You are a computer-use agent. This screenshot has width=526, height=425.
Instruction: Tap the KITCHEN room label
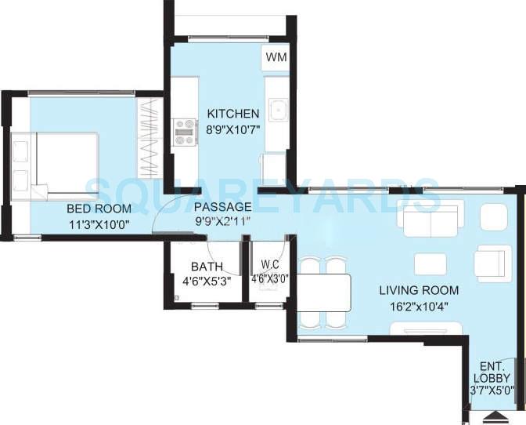point(232,114)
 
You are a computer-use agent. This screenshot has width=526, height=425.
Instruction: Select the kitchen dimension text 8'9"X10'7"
point(232,129)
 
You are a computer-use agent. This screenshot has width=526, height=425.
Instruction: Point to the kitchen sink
point(276,111)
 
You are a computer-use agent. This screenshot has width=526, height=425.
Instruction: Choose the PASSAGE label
point(223,206)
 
